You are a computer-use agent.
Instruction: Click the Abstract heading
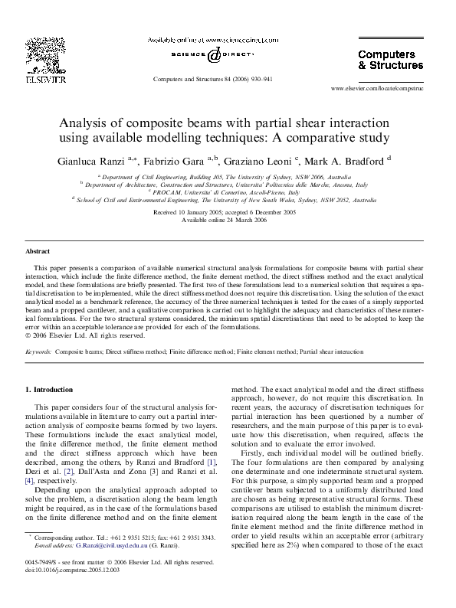pyautogui.click(x=39, y=251)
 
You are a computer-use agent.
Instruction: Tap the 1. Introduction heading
pyautogui.click(x=52, y=390)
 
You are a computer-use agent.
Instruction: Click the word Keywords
pyautogui.click(x=38, y=351)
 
